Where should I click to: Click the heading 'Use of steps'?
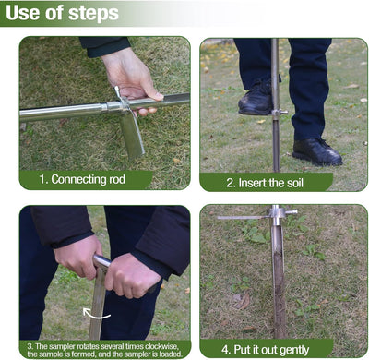click(x=62, y=13)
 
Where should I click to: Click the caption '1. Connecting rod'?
click(x=82, y=179)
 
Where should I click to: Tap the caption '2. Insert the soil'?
click(x=265, y=183)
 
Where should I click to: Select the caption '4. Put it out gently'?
click(x=266, y=350)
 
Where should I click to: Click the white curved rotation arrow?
click(x=96, y=314)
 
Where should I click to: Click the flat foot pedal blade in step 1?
click(x=132, y=135)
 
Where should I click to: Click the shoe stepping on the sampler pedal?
click(x=256, y=98)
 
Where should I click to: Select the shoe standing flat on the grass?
click(x=317, y=152)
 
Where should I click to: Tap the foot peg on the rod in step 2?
click(x=280, y=113)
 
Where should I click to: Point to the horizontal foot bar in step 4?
click(x=243, y=218)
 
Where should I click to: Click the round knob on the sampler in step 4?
click(x=291, y=211)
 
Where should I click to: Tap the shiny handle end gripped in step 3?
click(x=101, y=261)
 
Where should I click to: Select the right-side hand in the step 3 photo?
click(x=132, y=276)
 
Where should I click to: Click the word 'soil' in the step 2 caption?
click(x=295, y=183)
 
